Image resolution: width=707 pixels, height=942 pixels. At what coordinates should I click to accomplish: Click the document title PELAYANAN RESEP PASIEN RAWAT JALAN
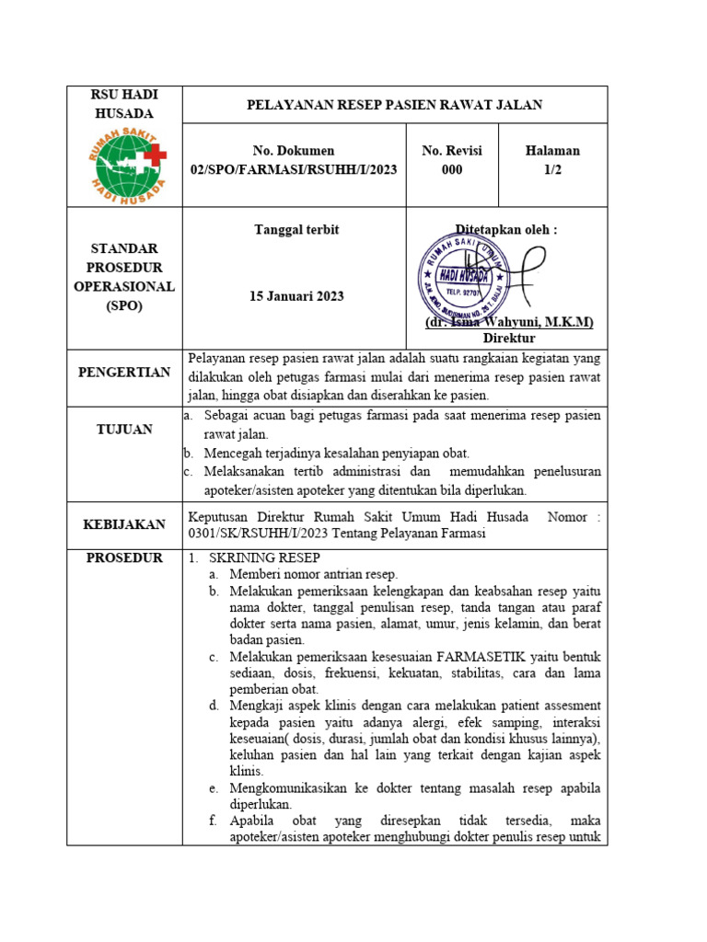395,105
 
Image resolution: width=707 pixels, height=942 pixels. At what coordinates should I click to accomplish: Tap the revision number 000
452,171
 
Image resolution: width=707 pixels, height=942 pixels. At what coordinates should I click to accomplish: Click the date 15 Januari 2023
296,296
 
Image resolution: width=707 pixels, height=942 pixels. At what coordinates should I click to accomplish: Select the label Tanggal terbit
296,230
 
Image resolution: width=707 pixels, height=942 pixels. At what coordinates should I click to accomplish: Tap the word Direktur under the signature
509,339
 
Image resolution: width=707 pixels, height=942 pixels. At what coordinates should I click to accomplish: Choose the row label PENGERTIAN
124,373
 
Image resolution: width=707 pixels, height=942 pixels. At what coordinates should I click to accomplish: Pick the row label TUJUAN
124,430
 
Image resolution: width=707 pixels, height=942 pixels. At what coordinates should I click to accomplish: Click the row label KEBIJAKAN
124,524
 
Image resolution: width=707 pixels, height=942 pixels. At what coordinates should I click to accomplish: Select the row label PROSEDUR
124,557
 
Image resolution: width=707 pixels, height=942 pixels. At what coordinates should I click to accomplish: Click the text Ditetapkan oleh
506,230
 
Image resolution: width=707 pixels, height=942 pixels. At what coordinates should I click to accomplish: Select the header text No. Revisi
452,151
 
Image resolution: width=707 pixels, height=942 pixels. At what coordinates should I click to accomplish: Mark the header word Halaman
552,151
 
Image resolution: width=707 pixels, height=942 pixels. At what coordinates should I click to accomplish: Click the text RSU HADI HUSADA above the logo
124,104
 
